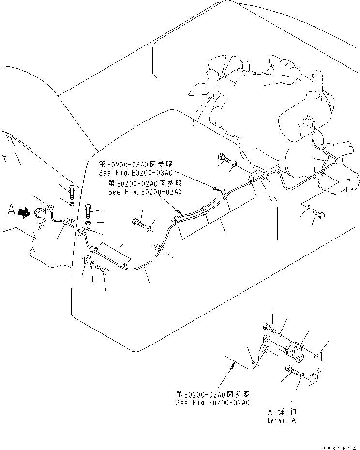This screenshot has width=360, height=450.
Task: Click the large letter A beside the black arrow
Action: (x=10, y=211)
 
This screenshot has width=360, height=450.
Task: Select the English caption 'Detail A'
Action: (x=281, y=420)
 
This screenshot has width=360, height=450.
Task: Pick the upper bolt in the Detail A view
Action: (x=270, y=329)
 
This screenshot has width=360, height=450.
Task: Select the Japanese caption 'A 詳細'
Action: (x=281, y=412)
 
